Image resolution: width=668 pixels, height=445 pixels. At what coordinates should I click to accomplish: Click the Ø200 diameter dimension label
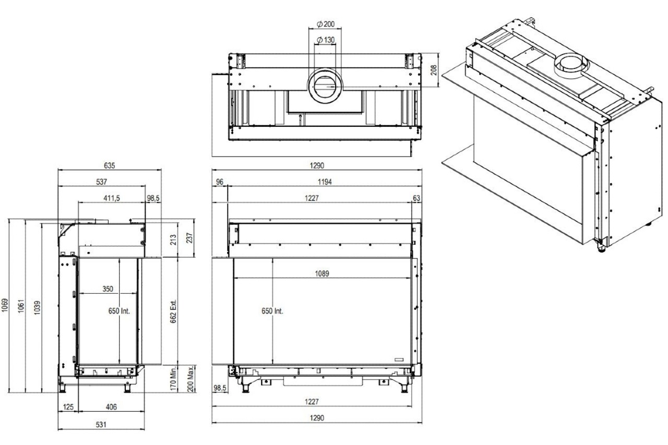point(326,24)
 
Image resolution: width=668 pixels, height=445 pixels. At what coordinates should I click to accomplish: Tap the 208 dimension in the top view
point(433,70)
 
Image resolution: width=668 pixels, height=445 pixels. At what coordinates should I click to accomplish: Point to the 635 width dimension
point(109,165)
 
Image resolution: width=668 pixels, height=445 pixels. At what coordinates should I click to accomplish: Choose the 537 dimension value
point(101,182)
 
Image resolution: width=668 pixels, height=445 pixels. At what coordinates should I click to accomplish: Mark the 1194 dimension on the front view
point(325,182)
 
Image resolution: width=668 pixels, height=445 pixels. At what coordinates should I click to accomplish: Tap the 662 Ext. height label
point(174,311)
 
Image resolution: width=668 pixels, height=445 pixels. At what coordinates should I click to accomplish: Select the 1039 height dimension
point(37,307)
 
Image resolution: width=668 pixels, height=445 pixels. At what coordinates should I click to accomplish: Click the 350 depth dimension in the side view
point(108,288)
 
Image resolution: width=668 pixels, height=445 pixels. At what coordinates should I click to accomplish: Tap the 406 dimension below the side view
point(111,407)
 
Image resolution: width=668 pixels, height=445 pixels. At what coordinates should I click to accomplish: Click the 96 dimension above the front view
point(219,182)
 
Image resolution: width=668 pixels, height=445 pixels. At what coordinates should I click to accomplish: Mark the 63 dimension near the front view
point(416,198)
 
